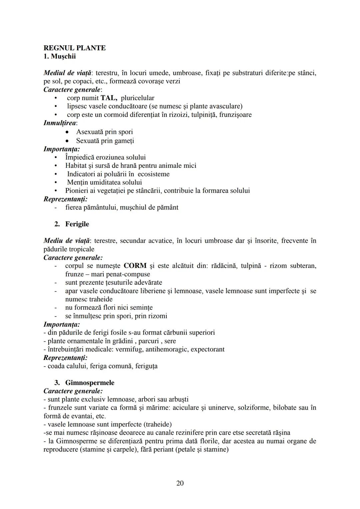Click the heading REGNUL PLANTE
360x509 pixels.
click(x=75, y=48)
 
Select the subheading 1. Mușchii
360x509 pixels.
click(x=60, y=56)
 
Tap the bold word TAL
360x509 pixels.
click(x=109, y=98)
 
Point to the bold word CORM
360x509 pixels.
click(x=135, y=266)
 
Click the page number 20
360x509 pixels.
click(x=180, y=483)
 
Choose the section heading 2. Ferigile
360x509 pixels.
click(x=72, y=224)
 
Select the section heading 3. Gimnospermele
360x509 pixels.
click(x=84, y=383)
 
